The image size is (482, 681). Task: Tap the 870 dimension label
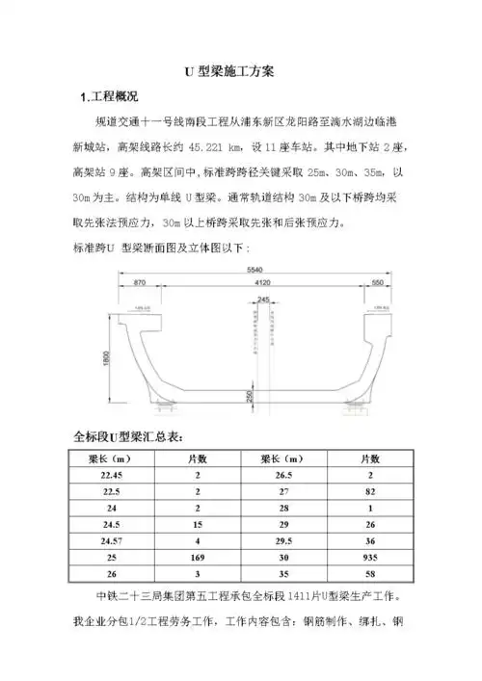tap(141, 284)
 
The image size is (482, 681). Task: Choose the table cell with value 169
tap(198, 557)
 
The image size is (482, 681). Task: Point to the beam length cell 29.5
tap(282, 540)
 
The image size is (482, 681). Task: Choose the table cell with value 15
tap(198, 524)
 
